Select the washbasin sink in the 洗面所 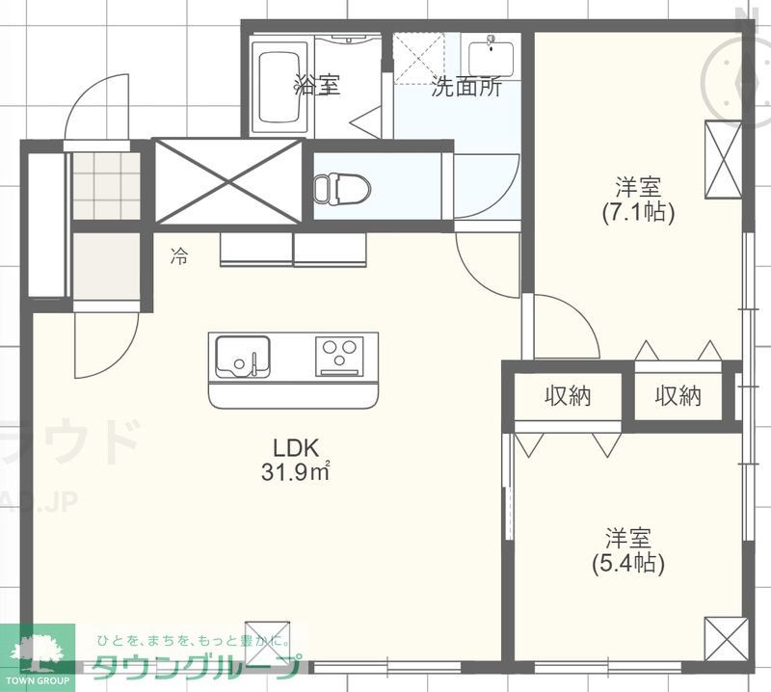coord(491,53)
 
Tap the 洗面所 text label coord(465,87)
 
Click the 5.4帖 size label coord(627,563)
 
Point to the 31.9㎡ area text coord(296,471)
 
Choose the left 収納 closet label coord(568,395)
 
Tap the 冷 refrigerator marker coord(179,255)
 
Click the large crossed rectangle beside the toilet coord(229,181)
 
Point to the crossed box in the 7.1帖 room coord(720,158)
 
